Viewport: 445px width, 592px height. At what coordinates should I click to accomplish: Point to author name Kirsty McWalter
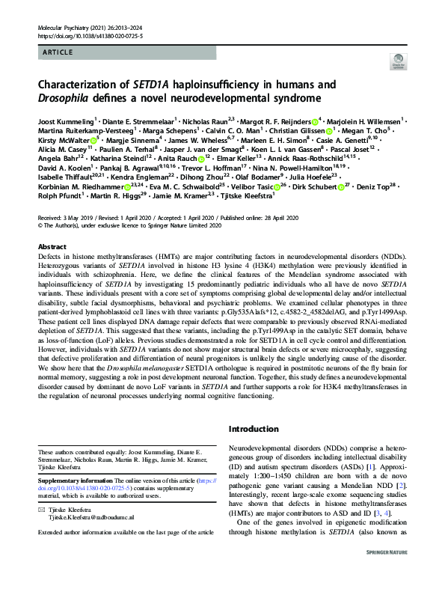pos(63,139)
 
